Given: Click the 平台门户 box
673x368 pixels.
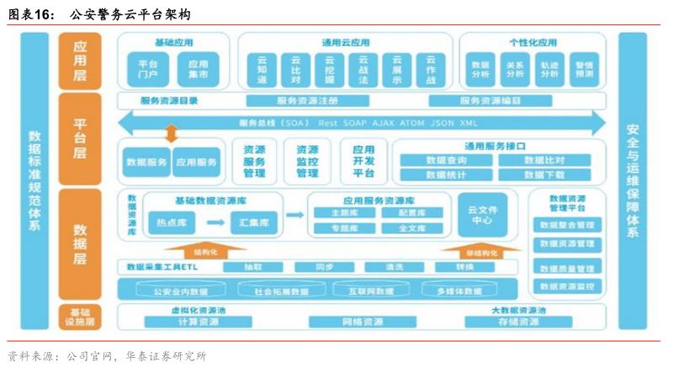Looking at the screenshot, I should coord(147,68).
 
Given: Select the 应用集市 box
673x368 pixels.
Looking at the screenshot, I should coord(198,68).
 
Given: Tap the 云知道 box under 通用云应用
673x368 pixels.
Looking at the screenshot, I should coord(262,69).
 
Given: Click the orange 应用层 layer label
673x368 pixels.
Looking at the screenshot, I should coord(80,61).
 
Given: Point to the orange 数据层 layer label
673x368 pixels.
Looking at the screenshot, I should coord(80,244).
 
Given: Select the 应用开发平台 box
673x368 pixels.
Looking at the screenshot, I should coord(363,160).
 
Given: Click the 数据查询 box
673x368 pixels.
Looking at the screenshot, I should coord(447,160).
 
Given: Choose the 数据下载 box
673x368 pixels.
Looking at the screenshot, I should coord(544,175).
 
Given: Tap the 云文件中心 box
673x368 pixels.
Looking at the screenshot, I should coord(482,215).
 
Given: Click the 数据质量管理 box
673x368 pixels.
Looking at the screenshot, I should coord(567,268).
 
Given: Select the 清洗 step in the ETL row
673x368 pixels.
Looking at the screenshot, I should coord(394,267).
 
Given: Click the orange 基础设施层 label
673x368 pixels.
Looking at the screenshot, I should coord(80,317).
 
